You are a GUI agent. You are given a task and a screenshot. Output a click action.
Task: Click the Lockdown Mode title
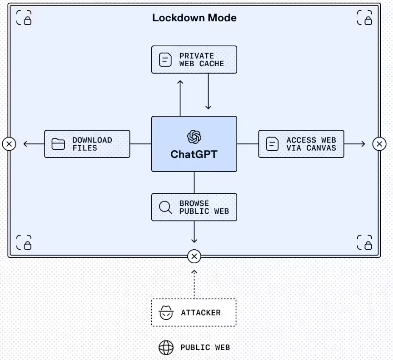click(194, 18)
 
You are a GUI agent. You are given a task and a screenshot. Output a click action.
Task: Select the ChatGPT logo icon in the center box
click(194, 137)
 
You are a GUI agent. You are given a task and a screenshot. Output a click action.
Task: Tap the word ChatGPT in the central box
click(194, 154)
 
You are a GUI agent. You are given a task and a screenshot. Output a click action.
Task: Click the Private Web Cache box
click(194, 59)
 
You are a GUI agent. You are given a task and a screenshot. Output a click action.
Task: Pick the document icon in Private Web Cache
click(165, 59)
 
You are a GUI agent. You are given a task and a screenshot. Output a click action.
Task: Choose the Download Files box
click(87, 144)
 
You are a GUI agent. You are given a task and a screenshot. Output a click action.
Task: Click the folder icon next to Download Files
click(59, 144)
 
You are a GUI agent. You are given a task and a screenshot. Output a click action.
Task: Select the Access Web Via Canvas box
click(301, 144)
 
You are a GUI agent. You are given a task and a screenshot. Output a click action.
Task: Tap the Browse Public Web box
click(194, 207)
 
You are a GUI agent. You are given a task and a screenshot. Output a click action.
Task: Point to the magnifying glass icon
click(165, 207)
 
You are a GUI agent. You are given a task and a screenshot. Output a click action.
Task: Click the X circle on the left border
click(9, 144)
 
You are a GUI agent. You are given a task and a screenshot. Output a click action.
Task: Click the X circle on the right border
click(379, 144)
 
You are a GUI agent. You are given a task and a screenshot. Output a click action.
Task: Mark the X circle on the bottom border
click(194, 256)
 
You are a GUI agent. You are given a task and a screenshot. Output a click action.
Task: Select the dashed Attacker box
click(194, 312)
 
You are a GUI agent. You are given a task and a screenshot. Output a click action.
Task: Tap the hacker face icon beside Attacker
click(166, 312)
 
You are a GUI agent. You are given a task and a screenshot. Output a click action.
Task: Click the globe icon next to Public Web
click(166, 348)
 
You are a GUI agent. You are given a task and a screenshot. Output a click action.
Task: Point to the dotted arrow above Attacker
click(194, 284)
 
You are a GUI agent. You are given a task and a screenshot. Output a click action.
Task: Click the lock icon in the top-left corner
click(24, 18)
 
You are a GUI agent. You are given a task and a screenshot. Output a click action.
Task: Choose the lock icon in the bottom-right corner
click(364, 242)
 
